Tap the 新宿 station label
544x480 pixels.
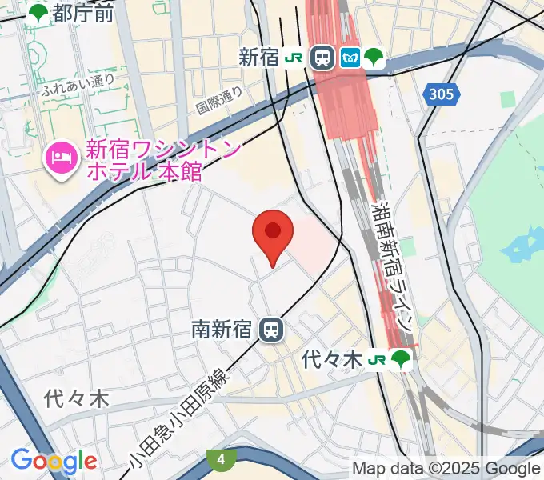click(x=258, y=57)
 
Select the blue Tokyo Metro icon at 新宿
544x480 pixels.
click(x=350, y=57)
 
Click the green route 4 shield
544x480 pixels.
click(x=220, y=459)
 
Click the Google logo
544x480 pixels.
click(x=54, y=461)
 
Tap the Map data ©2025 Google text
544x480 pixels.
click(x=446, y=469)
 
